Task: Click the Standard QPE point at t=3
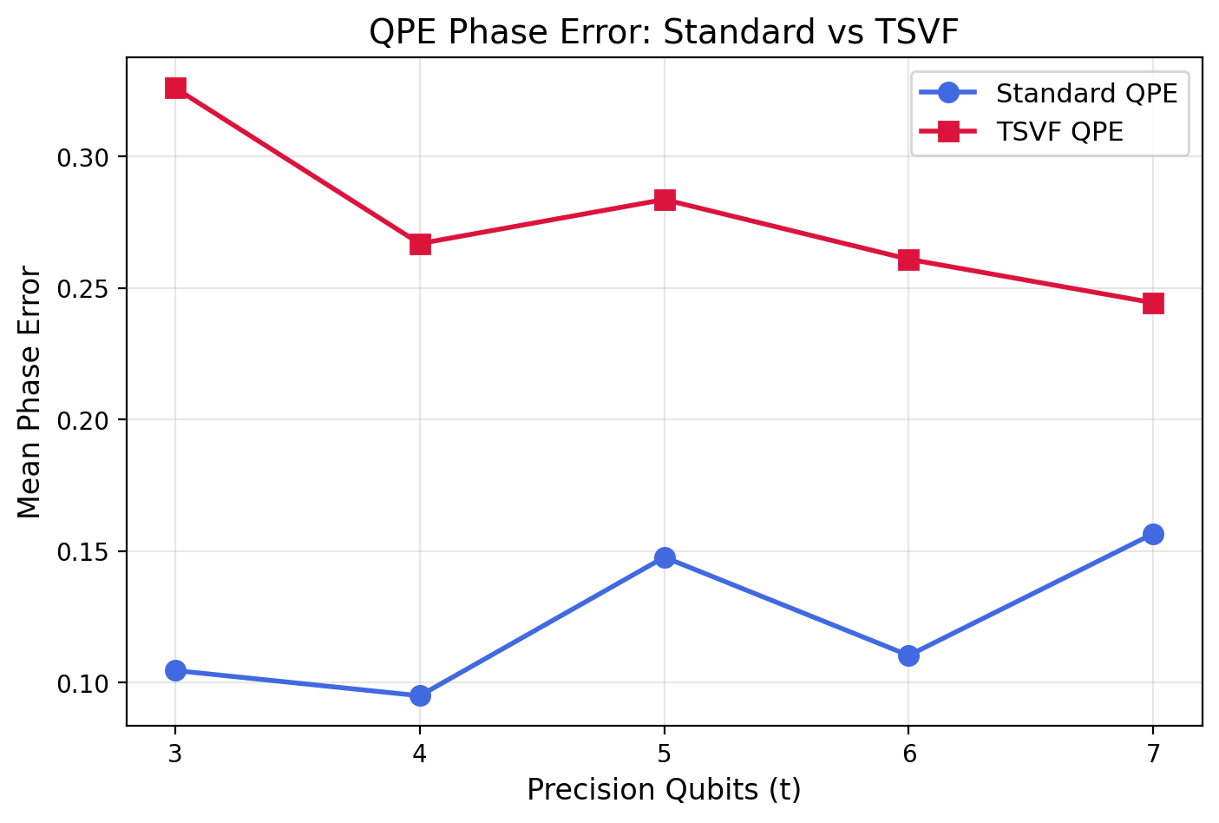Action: (175, 670)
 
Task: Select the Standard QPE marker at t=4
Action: (420, 695)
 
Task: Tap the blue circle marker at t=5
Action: (665, 557)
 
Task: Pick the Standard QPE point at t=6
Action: (908, 655)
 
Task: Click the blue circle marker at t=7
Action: (1153, 534)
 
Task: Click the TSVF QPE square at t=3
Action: (175, 89)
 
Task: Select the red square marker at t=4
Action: (420, 244)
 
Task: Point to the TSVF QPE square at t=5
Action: (665, 201)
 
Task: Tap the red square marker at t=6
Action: (908, 260)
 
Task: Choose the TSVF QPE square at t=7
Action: (1153, 303)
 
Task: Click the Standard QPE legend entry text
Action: (1086, 93)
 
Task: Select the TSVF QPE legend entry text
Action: (1059, 132)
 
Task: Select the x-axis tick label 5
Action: (665, 754)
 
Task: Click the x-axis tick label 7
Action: (1153, 754)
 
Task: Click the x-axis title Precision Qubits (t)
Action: (664, 790)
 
